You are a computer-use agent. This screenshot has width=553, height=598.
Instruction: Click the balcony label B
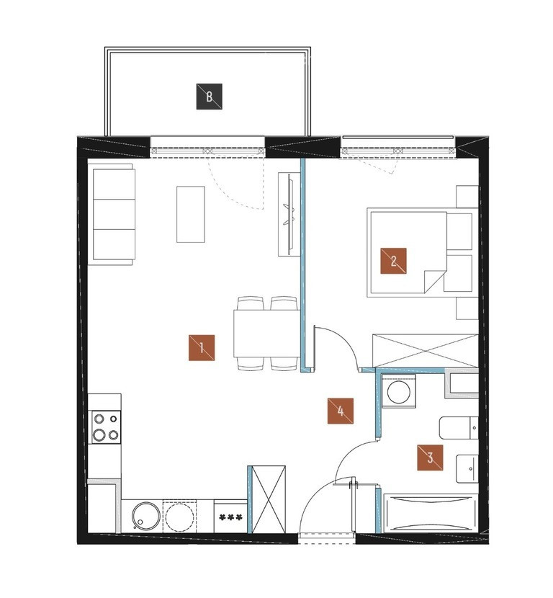(210, 97)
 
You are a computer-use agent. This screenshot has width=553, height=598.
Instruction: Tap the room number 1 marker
(202, 347)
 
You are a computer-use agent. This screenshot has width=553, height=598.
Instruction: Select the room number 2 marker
(393, 261)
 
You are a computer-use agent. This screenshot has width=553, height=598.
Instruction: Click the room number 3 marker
(430, 458)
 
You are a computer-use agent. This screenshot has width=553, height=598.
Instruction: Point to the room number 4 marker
(341, 411)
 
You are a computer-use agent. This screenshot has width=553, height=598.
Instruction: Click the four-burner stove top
(106, 427)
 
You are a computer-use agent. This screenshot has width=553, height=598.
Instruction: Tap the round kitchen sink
(146, 516)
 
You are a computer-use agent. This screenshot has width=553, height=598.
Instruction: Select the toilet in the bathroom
(459, 428)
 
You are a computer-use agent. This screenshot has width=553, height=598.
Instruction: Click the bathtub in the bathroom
(431, 513)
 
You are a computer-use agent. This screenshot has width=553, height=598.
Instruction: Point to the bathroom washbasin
(467, 468)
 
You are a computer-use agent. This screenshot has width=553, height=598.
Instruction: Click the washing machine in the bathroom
(399, 391)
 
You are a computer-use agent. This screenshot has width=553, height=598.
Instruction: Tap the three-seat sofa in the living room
(112, 214)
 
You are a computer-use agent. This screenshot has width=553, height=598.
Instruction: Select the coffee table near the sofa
(191, 214)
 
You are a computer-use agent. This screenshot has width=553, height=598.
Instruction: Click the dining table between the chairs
(267, 334)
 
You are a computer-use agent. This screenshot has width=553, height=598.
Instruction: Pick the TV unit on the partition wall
(289, 214)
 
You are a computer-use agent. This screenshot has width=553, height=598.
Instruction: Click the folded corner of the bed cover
(434, 282)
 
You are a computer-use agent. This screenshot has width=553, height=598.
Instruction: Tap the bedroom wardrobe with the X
(426, 351)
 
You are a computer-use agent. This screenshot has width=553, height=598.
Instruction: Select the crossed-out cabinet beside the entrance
(269, 499)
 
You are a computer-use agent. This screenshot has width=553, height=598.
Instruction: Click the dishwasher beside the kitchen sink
(179, 516)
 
